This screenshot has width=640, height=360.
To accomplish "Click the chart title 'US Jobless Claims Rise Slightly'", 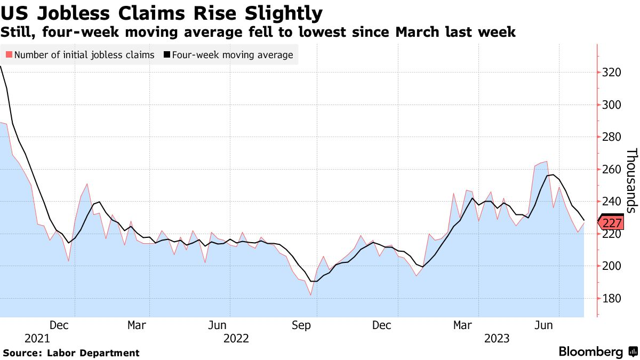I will pyautogui.click(x=162, y=12).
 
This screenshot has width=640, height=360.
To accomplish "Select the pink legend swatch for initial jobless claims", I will pyautogui.click(x=9, y=55).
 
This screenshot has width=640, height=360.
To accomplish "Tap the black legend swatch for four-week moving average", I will pyautogui.click(x=167, y=55).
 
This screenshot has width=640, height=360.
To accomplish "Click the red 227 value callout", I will pyautogui.click(x=613, y=222).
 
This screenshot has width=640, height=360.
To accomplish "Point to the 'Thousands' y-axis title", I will pyautogui.click(x=631, y=181).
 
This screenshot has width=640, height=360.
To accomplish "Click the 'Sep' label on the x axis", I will pyautogui.click(x=302, y=325).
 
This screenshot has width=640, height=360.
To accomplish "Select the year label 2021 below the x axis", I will pyautogui.click(x=37, y=339).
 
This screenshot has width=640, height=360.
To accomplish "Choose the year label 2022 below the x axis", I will pyautogui.click(x=237, y=339).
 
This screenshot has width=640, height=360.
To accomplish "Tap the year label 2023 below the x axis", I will pyautogui.click(x=497, y=339).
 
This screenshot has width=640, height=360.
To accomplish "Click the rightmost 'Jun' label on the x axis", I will pyautogui.click(x=543, y=325).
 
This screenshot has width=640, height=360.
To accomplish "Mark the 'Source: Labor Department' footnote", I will pyautogui.click(x=71, y=353).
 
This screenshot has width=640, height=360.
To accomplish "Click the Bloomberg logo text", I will pyautogui.click(x=590, y=352).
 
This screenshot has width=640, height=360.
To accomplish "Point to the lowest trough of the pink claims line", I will pyautogui.click(x=310, y=295).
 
